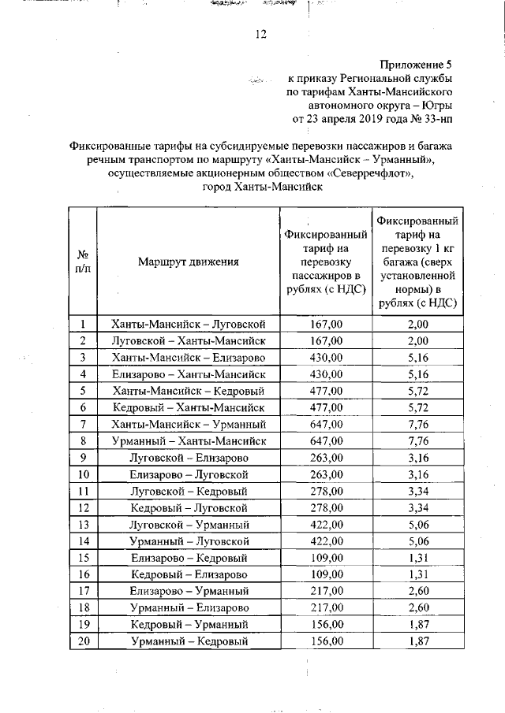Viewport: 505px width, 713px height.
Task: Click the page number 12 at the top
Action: tap(260, 34)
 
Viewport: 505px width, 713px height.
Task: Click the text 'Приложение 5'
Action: tap(416, 65)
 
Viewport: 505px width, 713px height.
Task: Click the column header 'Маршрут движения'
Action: tap(188, 262)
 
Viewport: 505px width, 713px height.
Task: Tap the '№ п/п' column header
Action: tap(82, 262)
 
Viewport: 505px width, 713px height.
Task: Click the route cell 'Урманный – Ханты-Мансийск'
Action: tap(189, 440)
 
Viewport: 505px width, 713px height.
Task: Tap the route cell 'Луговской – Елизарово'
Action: tap(189, 458)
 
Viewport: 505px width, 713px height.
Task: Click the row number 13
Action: tap(82, 524)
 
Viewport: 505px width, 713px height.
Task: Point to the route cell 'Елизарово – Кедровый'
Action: tap(189, 558)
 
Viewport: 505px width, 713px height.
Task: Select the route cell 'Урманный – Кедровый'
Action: tap(189, 641)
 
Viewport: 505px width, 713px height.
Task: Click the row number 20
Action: tap(82, 641)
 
